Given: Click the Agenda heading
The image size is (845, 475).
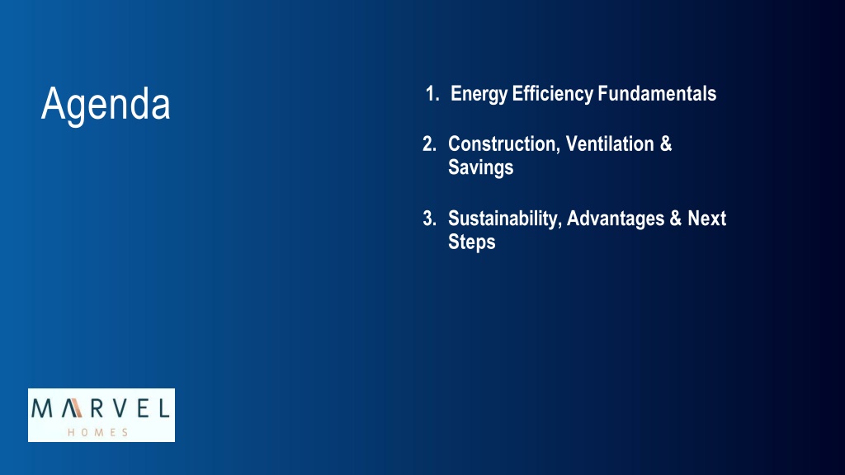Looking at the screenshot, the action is tap(106, 105).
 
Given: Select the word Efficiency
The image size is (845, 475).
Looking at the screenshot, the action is tap(553, 94).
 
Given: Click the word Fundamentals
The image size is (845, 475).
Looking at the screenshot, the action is tap(657, 94).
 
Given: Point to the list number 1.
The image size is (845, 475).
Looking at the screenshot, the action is tap(432, 94).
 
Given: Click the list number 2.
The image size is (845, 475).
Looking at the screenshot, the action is tap(429, 143).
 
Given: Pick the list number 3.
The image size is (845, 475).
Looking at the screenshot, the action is tap(429, 219).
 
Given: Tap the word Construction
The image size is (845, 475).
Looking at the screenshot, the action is tap(504, 144).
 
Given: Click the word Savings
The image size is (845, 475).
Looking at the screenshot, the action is tap(481, 167).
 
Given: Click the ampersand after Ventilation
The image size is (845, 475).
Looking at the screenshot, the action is tap(666, 143).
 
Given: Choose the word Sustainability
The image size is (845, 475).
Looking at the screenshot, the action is tap(505, 219).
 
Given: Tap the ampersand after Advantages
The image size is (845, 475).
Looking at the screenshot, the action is tap(676, 219).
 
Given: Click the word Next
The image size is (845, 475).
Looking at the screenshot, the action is tap(707, 218).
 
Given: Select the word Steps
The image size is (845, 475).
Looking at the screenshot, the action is tap(472, 242).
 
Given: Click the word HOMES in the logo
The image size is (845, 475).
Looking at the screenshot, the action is tap(98, 432).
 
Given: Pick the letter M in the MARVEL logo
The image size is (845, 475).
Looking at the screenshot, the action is tap(42, 409).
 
